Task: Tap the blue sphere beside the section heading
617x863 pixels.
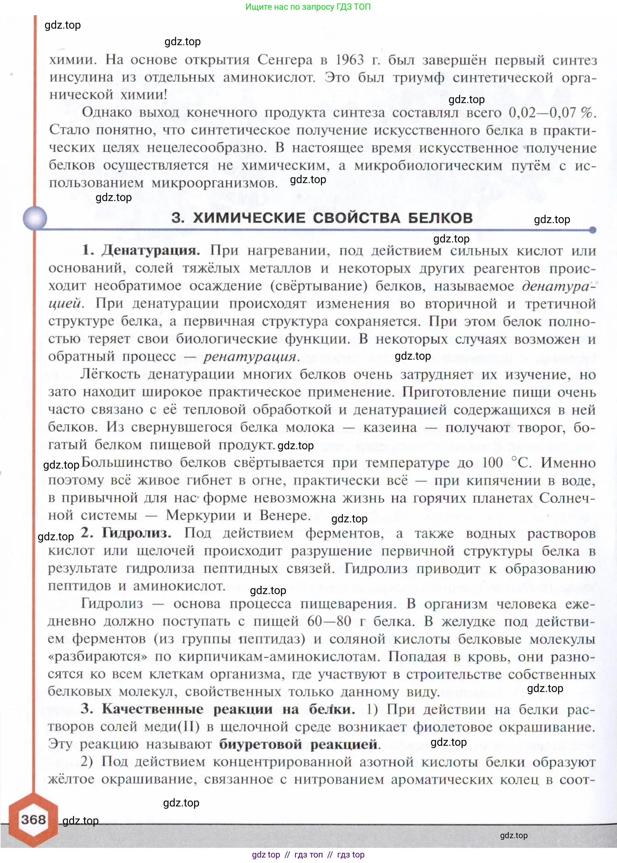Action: tap(35, 218)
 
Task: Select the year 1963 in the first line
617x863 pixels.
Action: tap(350, 60)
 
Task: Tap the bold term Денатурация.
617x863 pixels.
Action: tap(150, 250)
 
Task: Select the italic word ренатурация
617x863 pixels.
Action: tap(250, 357)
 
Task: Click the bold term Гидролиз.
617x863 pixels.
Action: tap(136, 533)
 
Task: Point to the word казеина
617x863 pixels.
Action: tap(390, 428)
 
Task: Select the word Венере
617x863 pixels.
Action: tap(285, 515)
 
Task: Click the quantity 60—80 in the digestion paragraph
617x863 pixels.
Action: tap(329, 621)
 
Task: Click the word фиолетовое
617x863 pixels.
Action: tap(452, 726)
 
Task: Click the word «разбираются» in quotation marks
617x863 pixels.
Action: tap(97, 656)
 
